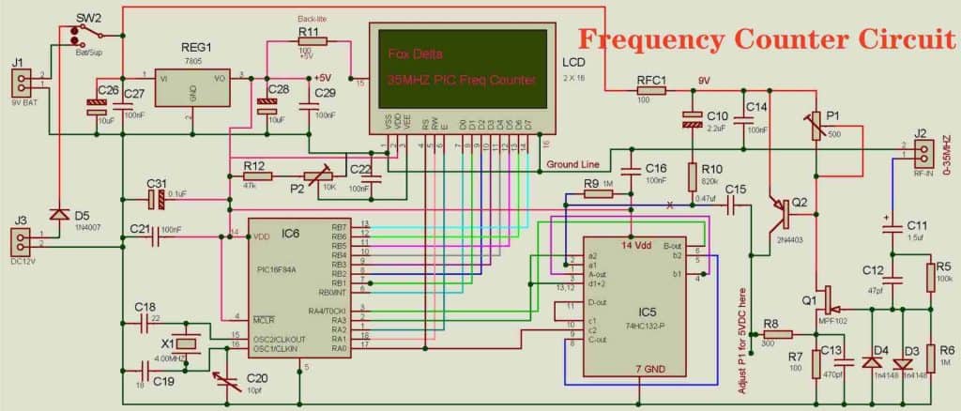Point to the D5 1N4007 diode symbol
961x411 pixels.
tap(61, 215)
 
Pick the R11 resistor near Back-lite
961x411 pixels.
tap(308, 44)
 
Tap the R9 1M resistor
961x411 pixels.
tap(599, 194)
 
